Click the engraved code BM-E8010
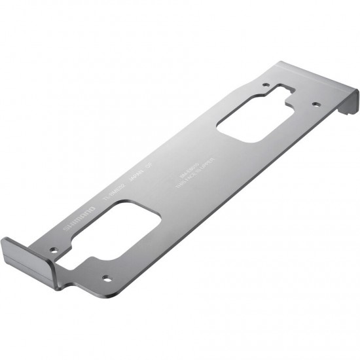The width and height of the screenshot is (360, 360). tap(187, 172)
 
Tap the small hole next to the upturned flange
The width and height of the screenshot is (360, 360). tap(55, 249)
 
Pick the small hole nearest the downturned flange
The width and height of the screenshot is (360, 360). tap(315, 103)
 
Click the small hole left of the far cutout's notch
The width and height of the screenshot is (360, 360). tap(265, 85)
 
